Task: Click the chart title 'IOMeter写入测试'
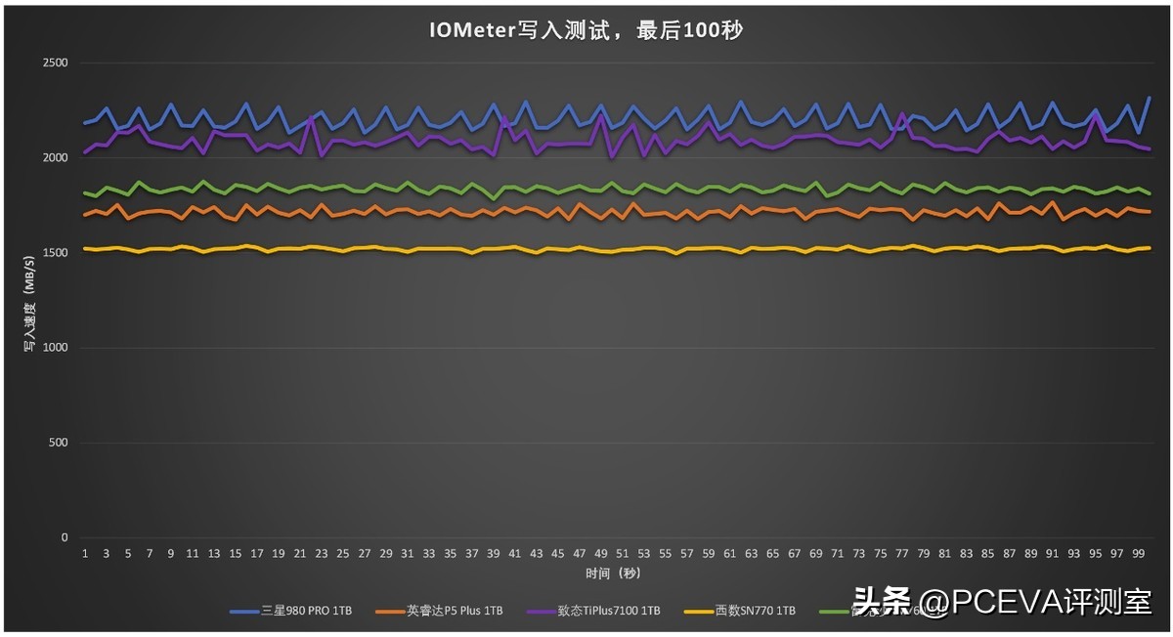[586, 30]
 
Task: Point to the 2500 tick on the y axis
[56, 64]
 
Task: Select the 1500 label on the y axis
[56, 253]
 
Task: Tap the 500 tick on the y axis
[60, 443]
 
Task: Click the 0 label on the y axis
[65, 537]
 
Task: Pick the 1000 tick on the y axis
[56, 348]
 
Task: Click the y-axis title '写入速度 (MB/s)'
[29, 300]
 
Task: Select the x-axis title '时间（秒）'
[613, 573]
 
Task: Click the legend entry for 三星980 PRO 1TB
[290, 611]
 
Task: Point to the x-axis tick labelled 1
[85, 554]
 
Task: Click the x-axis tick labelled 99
[1138, 554]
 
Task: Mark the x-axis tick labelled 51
[622, 554]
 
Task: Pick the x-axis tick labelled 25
[343, 554]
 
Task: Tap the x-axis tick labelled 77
[901, 554]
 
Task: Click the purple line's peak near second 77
[902, 115]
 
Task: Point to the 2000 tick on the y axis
[56, 158]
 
